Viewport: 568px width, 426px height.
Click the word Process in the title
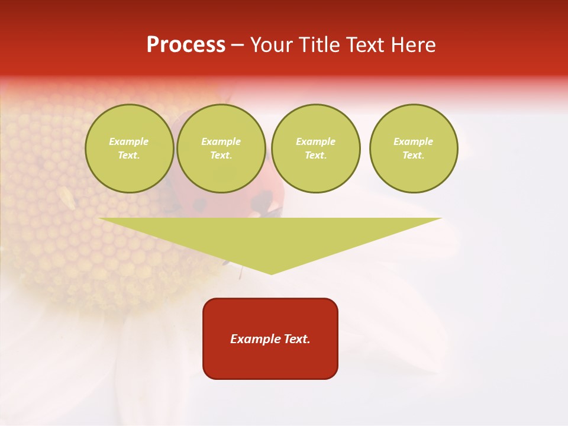(186, 45)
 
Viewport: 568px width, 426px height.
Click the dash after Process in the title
(238, 46)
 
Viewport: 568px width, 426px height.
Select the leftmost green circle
(130, 149)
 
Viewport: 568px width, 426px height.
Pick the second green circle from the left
(221, 149)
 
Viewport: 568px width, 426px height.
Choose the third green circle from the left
(316, 149)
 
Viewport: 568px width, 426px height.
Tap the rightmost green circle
(414, 149)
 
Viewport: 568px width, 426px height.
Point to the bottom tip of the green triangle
(271, 273)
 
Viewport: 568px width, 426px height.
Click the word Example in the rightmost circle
(414, 141)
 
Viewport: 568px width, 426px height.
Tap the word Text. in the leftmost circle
(130, 156)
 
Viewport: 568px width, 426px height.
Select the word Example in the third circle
(316, 141)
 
